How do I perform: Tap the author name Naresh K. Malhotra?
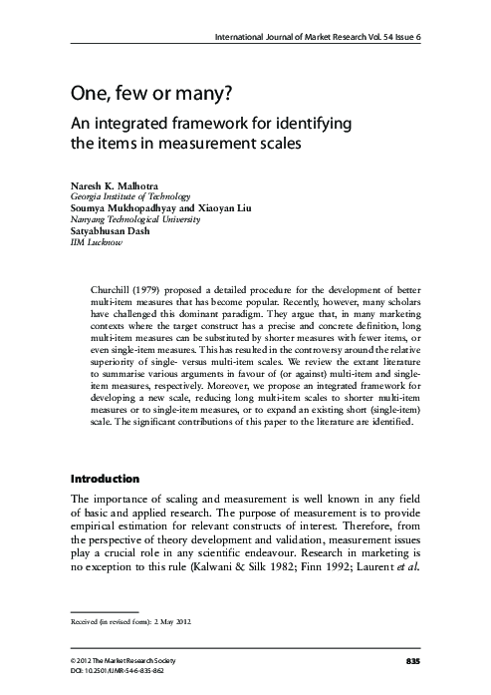pyautogui.click(x=113, y=186)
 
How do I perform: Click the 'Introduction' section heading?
pyautogui.click(x=105, y=479)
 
